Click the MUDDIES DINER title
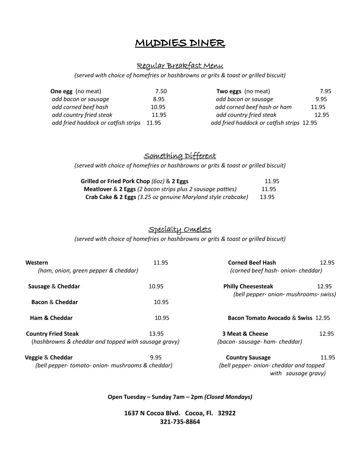tap(180, 43)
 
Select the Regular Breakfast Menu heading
tap(180, 66)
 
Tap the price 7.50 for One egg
tap(161, 91)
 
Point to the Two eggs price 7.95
tap(326, 91)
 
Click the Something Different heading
tap(180, 156)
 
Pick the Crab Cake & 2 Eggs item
tap(111, 197)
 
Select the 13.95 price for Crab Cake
tap(267, 197)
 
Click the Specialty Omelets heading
tap(180, 229)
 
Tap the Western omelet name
tap(37, 263)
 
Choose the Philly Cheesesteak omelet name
tap(248, 286)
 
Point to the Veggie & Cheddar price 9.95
tap(156, 357)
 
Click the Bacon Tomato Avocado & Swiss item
tap(270, 318)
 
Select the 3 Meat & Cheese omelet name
tap(245, 334)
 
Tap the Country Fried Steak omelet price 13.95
tap(156, 334)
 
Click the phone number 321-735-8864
tap(180, 422)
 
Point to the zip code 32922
tap(227, 413)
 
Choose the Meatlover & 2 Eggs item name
tap(110, 189)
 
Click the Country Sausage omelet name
tap(248, 357)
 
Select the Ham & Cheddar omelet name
tap(51, 318)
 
